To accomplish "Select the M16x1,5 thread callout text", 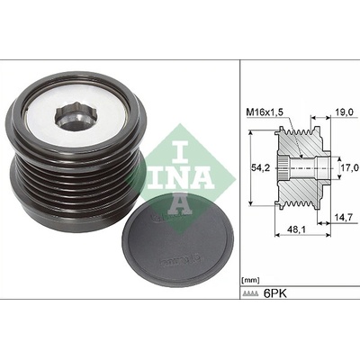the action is (265, 112).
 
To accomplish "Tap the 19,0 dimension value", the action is (344, 112).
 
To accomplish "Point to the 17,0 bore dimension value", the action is (350, 166).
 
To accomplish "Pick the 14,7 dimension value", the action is (344, 216).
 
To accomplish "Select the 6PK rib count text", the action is (274, 293).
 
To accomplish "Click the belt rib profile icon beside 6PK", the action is (250, 294).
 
